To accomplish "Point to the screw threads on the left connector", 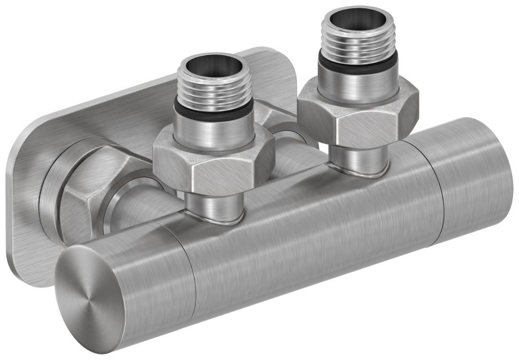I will click(214, 91).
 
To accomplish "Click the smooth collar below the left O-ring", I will click(214, 131).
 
